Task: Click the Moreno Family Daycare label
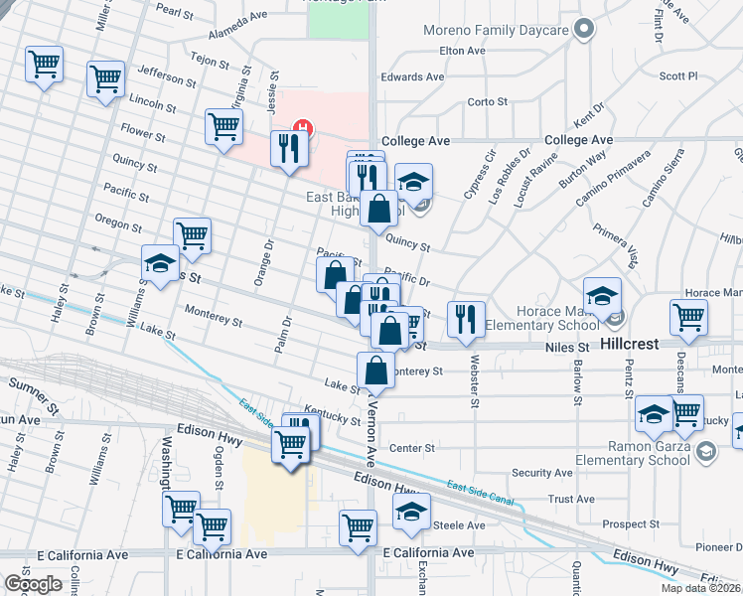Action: [x=496, y=30]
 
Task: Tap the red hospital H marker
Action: [x=304, y=128]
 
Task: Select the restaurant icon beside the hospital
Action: [x=289, y=148]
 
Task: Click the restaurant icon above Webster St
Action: [x=466, y=319]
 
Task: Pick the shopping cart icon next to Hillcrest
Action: [x=688, y=318]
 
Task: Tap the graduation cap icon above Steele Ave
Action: [x=411, y=511]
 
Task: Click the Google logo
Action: [x=33, y=583]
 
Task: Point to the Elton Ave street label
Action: [x=461, y=51]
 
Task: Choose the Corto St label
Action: [x=488, y=101]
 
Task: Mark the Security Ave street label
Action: [x=541, y=473]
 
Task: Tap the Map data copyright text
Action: [x=701, y=588]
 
